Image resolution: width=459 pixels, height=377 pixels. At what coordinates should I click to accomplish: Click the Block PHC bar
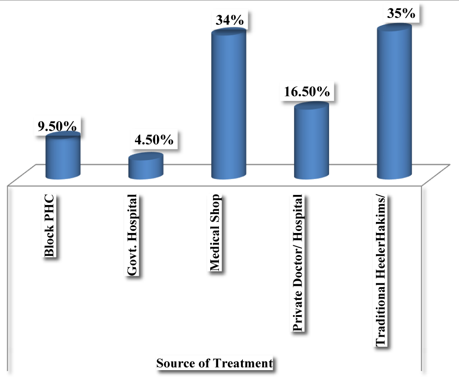(63, 157)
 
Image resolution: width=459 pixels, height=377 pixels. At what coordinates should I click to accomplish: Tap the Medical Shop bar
(228, 105)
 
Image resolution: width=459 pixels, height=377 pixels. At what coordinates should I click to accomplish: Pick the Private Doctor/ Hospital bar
(311, 142)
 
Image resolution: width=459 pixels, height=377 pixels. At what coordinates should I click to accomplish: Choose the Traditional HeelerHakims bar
(394, 103)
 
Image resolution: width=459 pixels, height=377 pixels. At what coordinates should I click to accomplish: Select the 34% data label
(231, 21)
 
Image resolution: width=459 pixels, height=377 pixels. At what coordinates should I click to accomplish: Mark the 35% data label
(401, 14)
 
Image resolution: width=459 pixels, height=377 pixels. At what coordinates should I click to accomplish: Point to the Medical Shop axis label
(215, 233)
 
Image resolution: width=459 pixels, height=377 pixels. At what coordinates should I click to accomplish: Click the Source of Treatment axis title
(214, 364)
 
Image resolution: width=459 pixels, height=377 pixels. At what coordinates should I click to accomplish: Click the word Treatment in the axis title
(243, 364)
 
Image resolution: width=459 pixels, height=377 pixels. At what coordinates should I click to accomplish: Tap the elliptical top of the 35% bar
(394, 28)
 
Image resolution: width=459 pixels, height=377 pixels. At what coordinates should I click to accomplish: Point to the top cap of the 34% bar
(228, 33)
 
